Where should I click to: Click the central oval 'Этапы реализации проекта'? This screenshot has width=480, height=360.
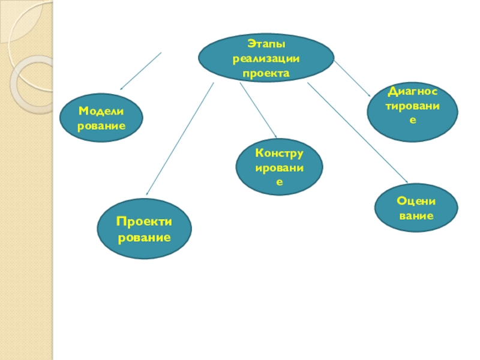click(266, 58)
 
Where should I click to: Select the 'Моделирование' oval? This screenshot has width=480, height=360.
click(101, 118)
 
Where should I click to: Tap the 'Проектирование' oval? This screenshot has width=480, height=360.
click(145, 229)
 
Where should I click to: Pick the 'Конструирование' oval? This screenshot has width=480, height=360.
click(280, 167)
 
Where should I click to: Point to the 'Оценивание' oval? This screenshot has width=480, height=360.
click(416, 208)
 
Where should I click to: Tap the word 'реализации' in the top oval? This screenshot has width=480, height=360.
click(266, 58)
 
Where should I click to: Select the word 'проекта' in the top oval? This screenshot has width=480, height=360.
click(266, 73)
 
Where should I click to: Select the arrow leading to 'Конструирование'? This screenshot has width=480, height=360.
click(258, 110)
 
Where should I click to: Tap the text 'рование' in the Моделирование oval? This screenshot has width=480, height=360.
click(101, 126)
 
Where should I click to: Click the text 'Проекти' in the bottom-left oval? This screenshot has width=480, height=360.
click(145, 222)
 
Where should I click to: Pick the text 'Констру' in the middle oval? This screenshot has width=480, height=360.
click(280, 154)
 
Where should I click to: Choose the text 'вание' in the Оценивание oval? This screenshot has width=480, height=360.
click(416, 215)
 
